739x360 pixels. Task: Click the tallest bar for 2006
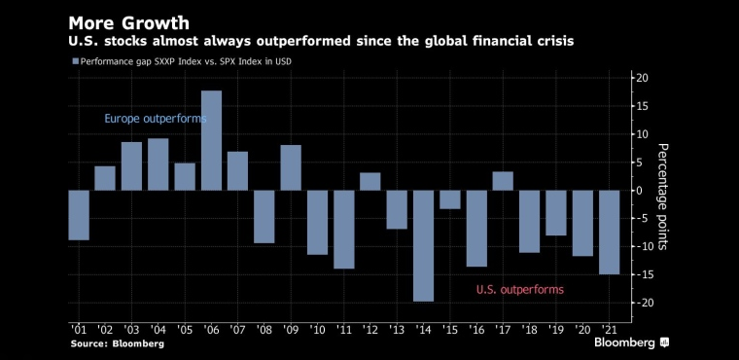coord(211,141)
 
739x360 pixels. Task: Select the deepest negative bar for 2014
coord(423,246)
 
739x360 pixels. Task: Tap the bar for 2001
coord(79,215)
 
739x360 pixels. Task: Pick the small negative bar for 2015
coord(449,199)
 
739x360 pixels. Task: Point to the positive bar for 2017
coord(503,181)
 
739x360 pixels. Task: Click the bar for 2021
coord(609,233)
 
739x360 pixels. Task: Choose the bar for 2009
coord(291,168)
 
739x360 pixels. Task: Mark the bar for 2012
coord(369,182)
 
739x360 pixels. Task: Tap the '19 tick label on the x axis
coord(554,329)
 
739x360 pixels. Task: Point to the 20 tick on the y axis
coord(643,78)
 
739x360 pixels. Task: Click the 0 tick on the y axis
coord(641,191)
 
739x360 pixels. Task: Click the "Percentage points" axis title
coord(662,197)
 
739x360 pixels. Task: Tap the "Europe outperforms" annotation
coord(155,119)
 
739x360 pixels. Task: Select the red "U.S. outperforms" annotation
coord(520,289)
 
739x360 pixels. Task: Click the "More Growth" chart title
coord(128,23)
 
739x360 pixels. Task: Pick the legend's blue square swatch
coord(75,61)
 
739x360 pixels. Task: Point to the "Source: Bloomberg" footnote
coord(118,343)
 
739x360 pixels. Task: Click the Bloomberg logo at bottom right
coord(631,342)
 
